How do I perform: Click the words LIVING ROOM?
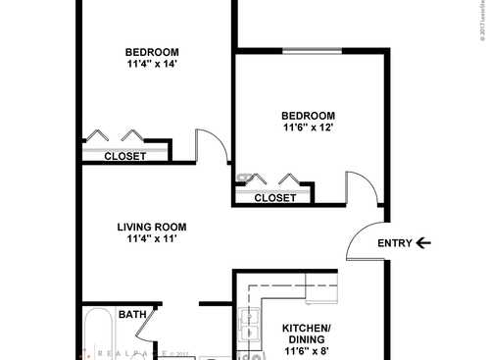point(151,227)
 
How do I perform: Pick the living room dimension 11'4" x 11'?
point(151,239)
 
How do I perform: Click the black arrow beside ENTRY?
point(422,243)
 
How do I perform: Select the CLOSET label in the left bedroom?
point(124,156)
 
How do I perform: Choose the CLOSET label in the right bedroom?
point(275,197)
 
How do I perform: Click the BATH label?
point(132,315)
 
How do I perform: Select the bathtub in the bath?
point(98,338)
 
